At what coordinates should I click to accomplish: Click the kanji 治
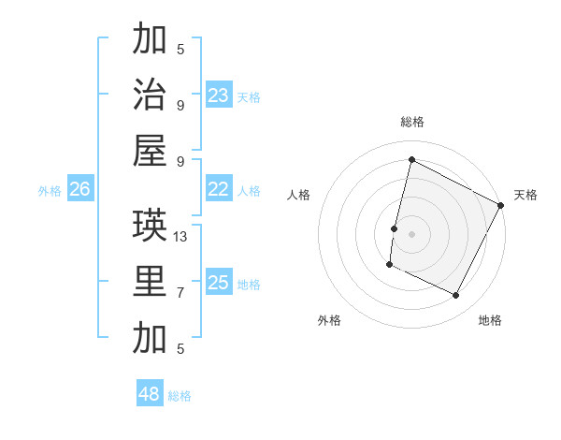pyautogui.click(x=150, y=95)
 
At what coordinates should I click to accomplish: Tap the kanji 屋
pyautogui.click(x=150, y=151)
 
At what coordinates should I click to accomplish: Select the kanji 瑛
pyautogui.click(x=150, y=226)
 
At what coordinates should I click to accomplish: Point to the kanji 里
pyautogui.click(x=150, y=283)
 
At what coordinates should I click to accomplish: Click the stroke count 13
pyautogui.click(x=180, y=237)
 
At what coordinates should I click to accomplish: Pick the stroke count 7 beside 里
pyautogui.click(x=180, y=293)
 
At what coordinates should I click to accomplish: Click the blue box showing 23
pyautogui.click(x=219, y=95)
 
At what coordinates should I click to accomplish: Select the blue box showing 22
pyautogui.click(x=219, y=189)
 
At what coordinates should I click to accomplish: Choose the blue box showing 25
pyautogui.click(x=219, y=283)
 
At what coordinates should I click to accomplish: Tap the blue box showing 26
pyautogui.click(x=79, y=189)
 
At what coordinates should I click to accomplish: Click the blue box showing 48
pyautogui.click(x=150, y=394)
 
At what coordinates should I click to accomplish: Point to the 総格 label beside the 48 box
pyautogui.click(x=180, y=396)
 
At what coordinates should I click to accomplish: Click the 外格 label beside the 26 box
pyautogui.click(x=50, y=190)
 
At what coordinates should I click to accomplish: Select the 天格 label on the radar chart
pyautogui.click(x=525, y=195)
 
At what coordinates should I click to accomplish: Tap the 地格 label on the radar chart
pyautogui.click(x=490, y=320)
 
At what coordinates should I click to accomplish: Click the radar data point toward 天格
pyautogui.click(x=502, y=205)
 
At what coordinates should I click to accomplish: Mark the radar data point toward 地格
pyautogui.click(x=455, y=296)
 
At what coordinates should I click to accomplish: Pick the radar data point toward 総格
pyautogui.click(x=411, y=159)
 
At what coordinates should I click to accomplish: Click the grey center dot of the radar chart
pyautogui.click(x=411, y=234)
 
